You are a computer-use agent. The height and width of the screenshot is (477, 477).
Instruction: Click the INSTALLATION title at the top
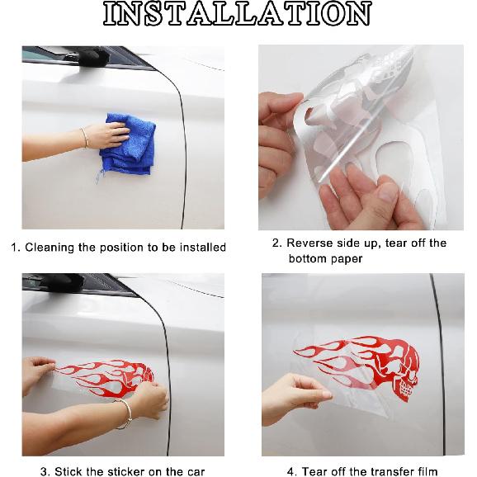coord(238,14)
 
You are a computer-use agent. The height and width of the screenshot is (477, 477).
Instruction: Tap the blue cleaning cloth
coord(128,144)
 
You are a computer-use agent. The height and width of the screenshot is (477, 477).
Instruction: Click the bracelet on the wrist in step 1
coord(84,138)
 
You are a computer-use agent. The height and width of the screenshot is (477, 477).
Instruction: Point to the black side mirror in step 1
coord(92,56)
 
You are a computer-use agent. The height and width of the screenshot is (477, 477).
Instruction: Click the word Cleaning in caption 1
coord(50,247)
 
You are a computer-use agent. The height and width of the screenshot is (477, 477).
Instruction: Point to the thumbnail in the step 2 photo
coord(387,192)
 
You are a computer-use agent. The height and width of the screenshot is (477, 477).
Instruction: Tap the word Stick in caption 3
coord(66,471)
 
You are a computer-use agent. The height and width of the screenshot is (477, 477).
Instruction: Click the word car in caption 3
coord(195,472)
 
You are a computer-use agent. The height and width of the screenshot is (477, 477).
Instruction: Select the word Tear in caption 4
coord(314,471)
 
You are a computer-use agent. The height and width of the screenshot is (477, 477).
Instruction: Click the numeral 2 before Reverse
coord(276,243)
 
